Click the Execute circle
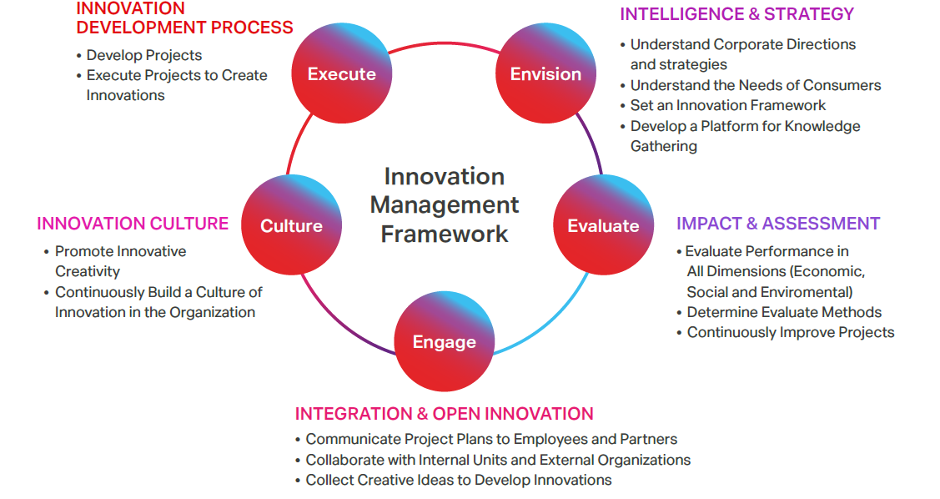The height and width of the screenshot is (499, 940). pos(342,73)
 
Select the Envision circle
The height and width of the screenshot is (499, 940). pos(545,73)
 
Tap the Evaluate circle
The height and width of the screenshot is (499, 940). pos(603,225)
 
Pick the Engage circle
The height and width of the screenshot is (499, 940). pos(445,341)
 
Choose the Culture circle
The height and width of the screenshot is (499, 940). pos(291,225)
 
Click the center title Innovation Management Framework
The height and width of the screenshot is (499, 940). pos(445,205)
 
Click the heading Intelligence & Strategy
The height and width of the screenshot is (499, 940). pos(736,14)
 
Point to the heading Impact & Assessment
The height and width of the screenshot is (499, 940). pos(778,223)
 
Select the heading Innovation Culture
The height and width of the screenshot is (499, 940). pos(133,223)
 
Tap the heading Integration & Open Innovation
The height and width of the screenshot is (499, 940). pos(445,413)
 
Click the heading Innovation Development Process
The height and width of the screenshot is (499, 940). pos(184,18)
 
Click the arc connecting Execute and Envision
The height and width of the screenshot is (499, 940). pos(444,43)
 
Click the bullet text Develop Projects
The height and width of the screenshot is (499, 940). pos(143,55)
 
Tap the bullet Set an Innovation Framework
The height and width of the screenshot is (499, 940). pos(728,105)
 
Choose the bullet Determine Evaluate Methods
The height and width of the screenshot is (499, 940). pos(784,312)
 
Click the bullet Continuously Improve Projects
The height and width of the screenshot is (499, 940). pos(790,332)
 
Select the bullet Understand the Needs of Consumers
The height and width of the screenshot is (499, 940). pos(756,85)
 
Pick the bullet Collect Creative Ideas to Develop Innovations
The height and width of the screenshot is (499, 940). pos(459,480)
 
